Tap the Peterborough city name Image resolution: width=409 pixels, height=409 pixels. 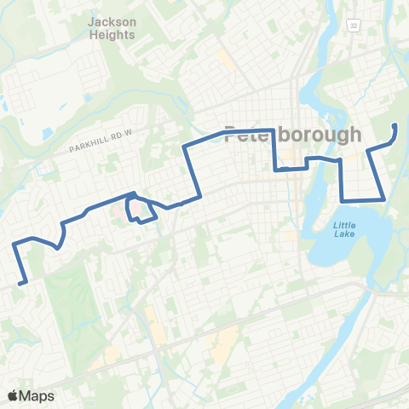point(292,135)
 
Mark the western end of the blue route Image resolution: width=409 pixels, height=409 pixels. point(20,282)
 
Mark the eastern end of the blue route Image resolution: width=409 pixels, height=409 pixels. point(395,125)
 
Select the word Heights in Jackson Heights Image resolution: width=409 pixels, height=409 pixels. point(112,35)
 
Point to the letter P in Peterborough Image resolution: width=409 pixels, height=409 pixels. point(230,135)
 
